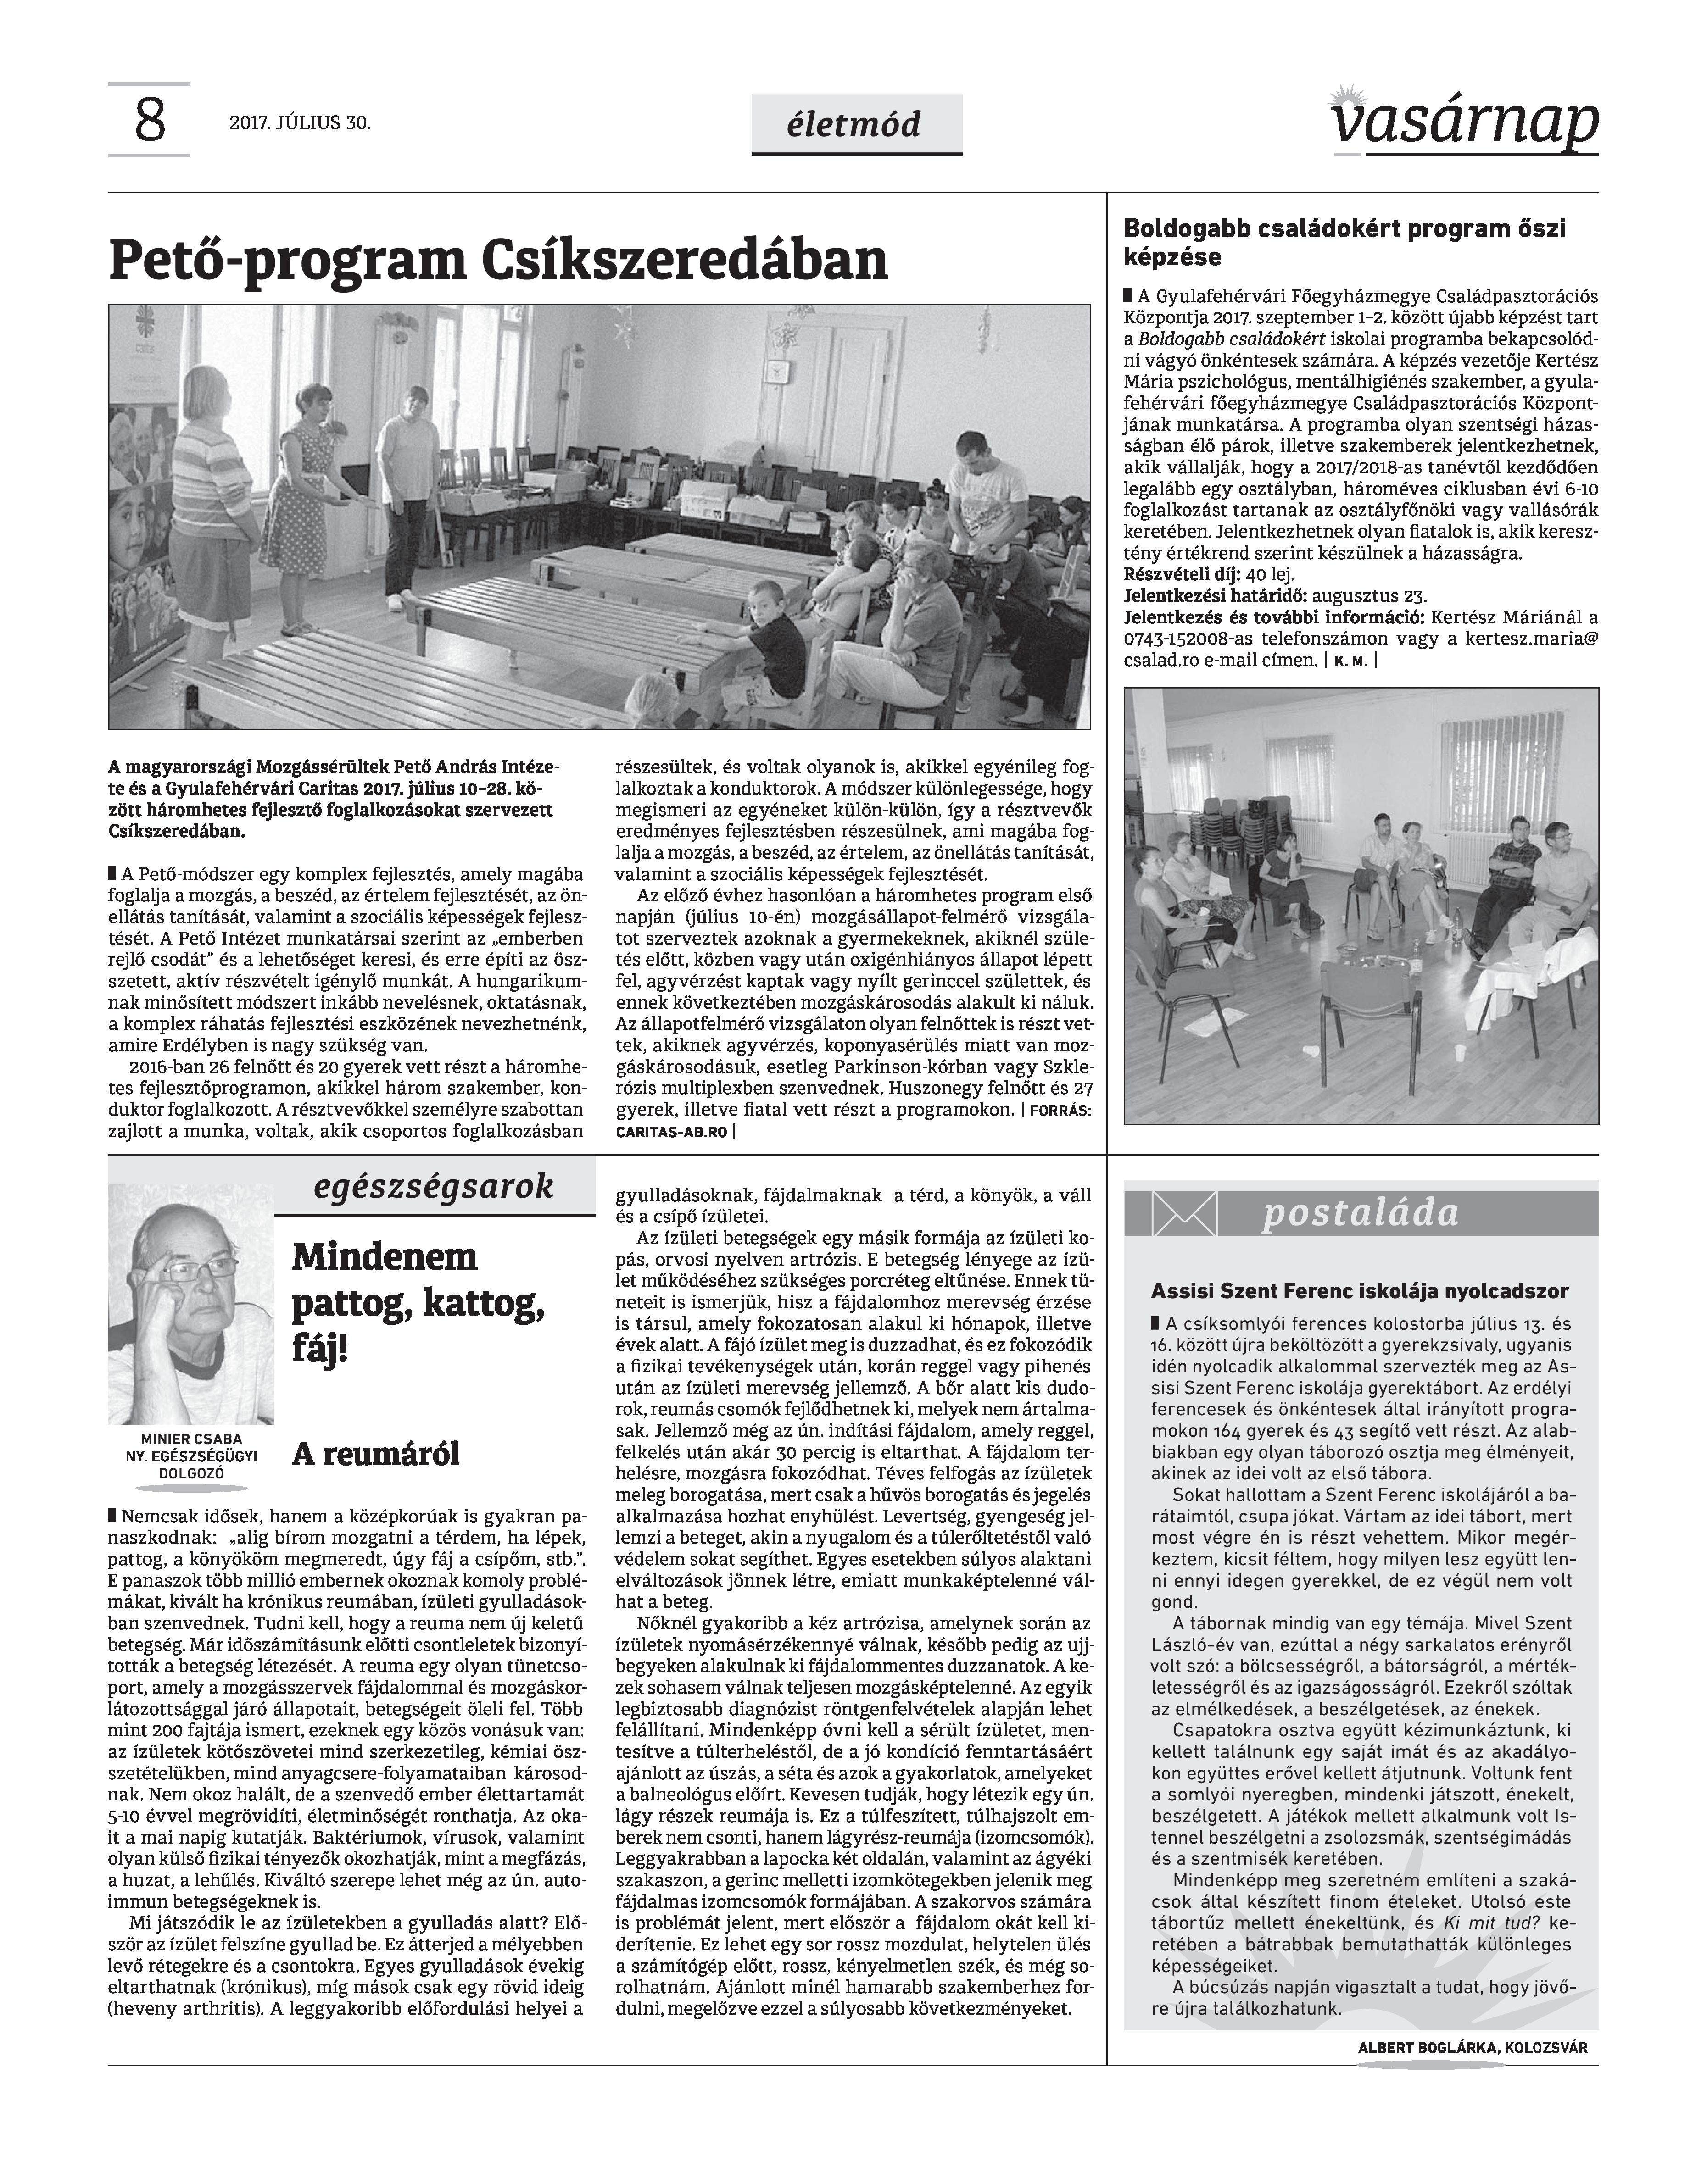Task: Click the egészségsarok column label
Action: (433, 1186)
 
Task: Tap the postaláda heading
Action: (1359, 1213)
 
